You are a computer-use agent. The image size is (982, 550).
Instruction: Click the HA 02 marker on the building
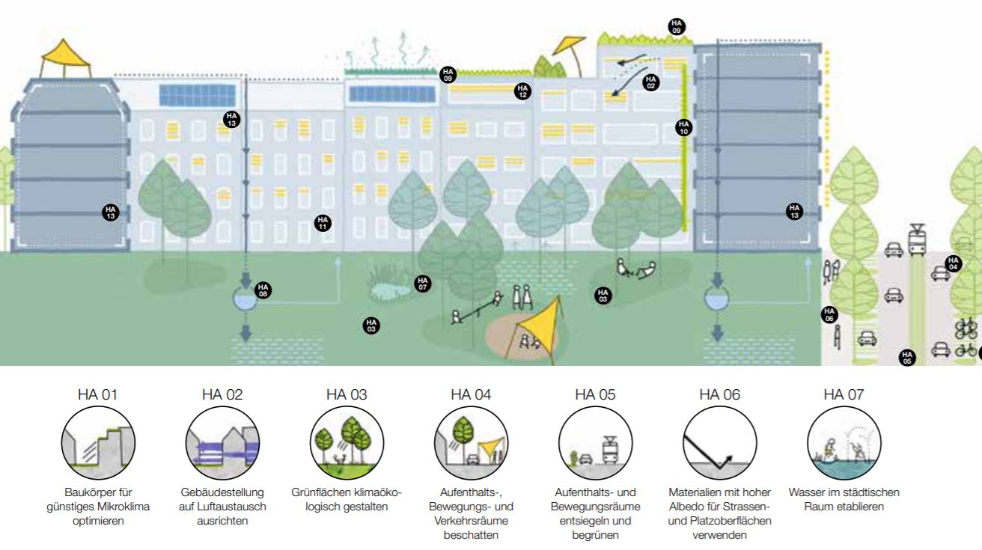click(650, 82)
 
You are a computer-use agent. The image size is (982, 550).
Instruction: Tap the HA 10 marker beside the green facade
click(683, 128)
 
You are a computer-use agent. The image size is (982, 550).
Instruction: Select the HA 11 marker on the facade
click(323, 222)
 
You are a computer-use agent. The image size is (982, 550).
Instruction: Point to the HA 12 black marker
click(522, 91)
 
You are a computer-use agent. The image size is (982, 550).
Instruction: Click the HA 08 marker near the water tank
click(262, 290)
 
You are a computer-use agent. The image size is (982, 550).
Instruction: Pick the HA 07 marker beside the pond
click(423, 284)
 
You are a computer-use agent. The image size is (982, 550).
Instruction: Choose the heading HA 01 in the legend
click(97, 394)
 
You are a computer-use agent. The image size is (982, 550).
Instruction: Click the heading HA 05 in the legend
click(595, 394)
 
